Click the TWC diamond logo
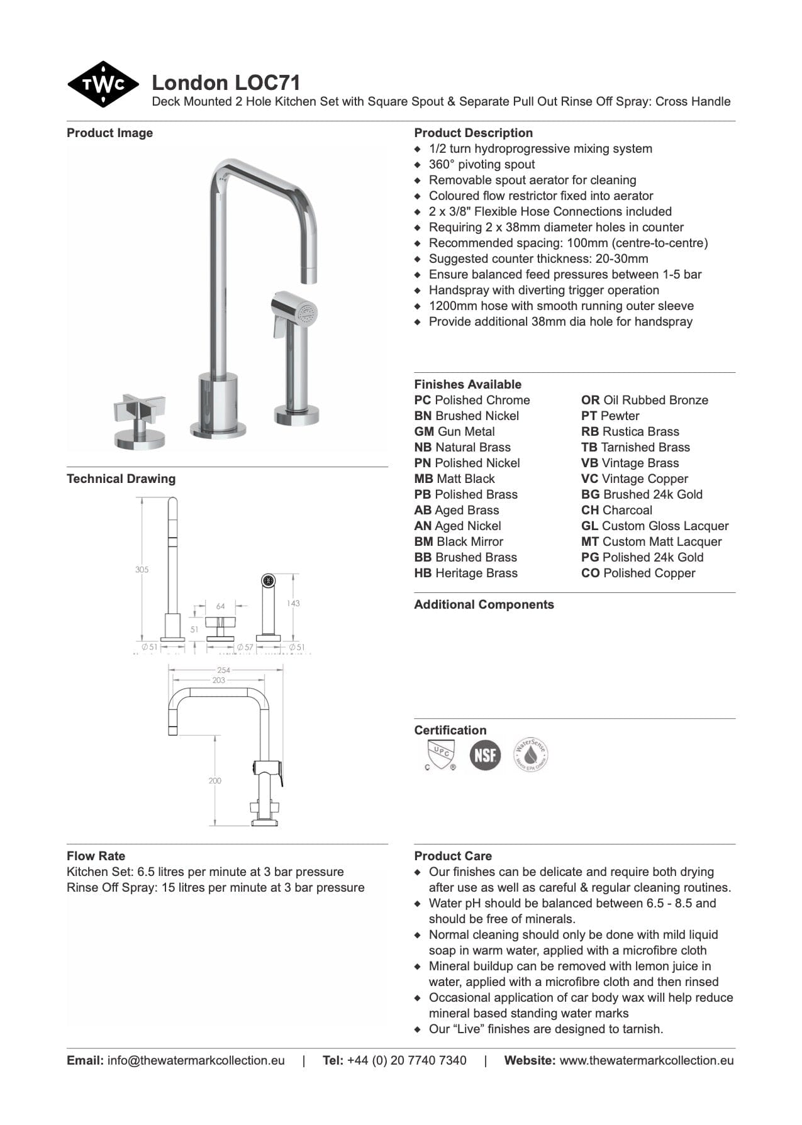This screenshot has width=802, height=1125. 103,84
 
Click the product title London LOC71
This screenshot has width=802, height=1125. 226,83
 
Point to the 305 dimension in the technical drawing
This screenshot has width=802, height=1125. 142,570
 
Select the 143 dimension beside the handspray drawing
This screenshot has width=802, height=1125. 293,603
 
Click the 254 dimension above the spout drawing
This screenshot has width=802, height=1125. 223,670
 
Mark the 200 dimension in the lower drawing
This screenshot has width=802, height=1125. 215,780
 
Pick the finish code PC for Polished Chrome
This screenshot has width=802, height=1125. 422,401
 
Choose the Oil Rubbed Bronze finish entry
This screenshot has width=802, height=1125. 645,401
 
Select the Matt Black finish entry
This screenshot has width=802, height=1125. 455,479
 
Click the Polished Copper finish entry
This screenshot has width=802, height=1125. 638,574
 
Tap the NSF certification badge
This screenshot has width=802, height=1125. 485,755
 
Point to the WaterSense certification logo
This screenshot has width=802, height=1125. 530,755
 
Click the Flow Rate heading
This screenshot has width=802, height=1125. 96,856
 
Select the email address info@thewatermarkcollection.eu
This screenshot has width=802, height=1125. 196,1060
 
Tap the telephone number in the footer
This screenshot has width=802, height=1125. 406,1060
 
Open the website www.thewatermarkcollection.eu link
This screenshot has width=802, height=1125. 646,1060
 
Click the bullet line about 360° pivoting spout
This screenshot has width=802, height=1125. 481,165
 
